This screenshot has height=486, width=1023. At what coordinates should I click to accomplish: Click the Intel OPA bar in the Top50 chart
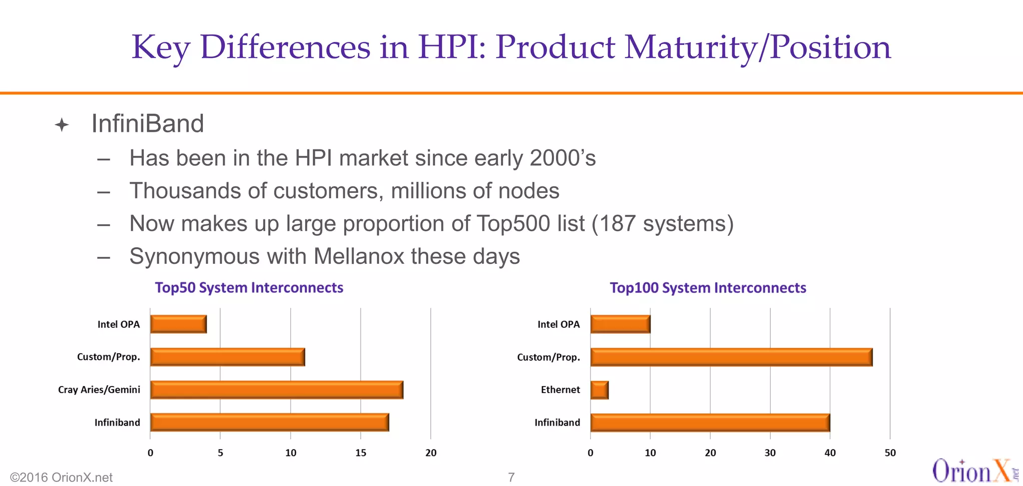178,324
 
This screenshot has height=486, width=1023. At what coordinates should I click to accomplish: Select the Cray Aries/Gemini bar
276,390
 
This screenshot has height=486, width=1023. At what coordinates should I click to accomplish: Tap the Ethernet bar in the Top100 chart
599,390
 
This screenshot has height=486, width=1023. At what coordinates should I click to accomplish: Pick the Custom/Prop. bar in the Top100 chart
731,357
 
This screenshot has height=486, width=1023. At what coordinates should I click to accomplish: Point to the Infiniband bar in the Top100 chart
710,423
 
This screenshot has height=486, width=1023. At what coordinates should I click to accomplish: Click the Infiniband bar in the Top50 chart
269,423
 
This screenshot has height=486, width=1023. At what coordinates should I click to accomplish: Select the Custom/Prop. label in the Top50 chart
108,357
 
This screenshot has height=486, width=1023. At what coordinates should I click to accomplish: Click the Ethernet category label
560,390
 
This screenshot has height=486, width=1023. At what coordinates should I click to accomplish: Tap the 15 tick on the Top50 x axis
361,453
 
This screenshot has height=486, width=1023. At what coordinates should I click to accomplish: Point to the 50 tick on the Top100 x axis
890,453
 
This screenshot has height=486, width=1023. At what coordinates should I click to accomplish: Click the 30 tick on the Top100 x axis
770,453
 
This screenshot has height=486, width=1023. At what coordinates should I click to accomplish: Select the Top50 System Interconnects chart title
249,288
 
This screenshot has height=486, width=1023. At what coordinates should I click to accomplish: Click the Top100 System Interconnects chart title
708,288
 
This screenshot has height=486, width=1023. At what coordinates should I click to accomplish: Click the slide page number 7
511,477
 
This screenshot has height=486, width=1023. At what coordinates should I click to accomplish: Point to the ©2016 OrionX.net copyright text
61,478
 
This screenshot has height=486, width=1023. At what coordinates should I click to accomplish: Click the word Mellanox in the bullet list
359,256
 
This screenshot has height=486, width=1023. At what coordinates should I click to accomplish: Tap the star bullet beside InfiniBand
62,124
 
